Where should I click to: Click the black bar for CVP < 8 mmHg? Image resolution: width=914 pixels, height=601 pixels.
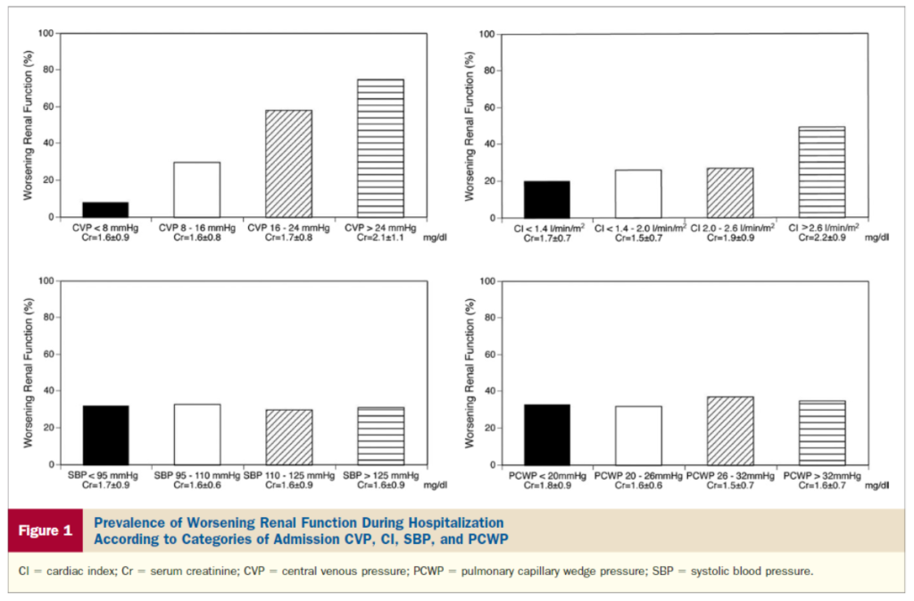(105, 209)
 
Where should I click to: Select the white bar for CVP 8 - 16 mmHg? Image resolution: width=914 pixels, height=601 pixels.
(196, 189)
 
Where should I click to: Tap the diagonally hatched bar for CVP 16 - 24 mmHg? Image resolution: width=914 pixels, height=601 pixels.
(287, 163)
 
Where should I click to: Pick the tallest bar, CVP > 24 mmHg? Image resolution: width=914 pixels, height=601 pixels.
(379, 148)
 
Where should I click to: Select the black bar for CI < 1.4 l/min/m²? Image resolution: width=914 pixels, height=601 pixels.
(546, 199)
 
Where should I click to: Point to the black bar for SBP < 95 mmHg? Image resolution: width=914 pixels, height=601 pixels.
(105, 435)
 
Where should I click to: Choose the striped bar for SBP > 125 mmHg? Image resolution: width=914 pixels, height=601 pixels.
(379, 436)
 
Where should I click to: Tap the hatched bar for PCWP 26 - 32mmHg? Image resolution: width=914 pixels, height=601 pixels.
(729, 430)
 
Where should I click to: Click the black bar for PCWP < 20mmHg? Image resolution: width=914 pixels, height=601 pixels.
(546, 435)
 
